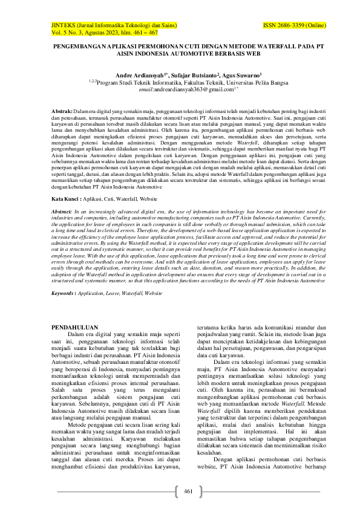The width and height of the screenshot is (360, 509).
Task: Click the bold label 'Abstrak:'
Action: pyautogui.click(x=62, y=112)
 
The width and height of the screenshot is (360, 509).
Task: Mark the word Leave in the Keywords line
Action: pyautogui.click(x=114, y=293)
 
